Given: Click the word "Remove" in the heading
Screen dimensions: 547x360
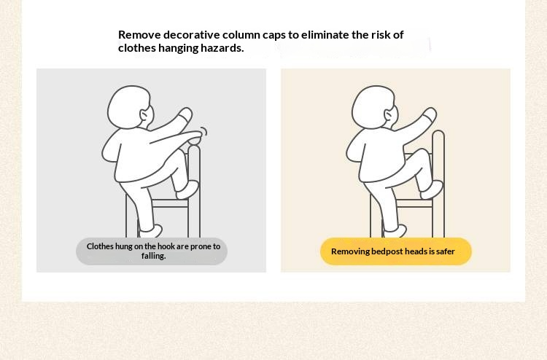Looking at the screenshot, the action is tap(139, 35).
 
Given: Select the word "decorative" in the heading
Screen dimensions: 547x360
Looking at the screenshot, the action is tap(192, 35).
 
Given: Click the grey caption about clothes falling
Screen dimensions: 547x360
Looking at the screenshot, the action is tap(152, 251).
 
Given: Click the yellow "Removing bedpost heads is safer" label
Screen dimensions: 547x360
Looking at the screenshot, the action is tap(395, 251).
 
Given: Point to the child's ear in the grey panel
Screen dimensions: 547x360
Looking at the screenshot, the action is tap(144, 114).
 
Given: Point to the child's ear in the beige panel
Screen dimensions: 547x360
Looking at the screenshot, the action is tap(389, 114).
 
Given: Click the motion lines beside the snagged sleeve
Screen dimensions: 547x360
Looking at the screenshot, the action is tap(203, 132).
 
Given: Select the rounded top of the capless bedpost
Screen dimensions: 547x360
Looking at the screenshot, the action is tap(438, 136).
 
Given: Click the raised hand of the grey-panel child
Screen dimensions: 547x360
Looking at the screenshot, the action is tap(185, 114).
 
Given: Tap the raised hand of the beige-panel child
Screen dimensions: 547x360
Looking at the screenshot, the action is tap(430, 114).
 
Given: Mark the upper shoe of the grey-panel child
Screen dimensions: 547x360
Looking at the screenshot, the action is tap(187, 190).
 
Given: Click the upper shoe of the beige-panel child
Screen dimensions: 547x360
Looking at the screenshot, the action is tap(432, 190).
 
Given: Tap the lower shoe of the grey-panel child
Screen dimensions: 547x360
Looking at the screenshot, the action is tap(151, 231).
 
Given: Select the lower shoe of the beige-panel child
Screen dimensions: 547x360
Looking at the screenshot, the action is tap(395, 231).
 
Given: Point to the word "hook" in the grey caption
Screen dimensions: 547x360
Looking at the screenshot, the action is tap(166, 246).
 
